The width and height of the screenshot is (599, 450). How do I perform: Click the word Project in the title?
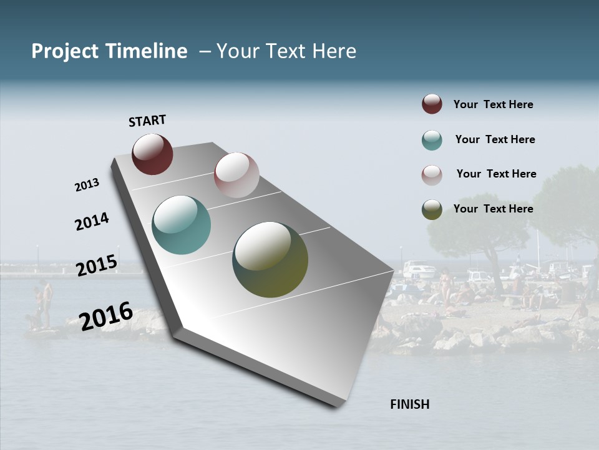click(x=65, y=51)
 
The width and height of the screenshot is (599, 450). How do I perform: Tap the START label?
click(x=147, y=121)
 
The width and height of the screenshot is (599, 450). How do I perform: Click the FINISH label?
click(x=409, y=404)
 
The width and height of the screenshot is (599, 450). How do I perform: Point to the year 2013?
click(x=87, y=185)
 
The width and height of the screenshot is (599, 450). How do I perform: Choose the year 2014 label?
click(x=92, y=221)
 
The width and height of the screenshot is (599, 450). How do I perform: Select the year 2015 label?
click(x=97, y=265)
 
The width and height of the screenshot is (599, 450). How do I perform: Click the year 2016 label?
click(x=106, y=316)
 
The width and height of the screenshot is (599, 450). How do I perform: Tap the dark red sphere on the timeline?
click(x=152, y=154)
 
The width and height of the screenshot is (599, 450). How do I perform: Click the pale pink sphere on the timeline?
click(x=236, y=175)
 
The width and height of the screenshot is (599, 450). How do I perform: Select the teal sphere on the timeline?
click(x=182, y=225)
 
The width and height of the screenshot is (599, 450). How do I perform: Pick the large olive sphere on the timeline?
click(x=270, y=259)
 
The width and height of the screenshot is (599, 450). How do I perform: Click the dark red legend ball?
click(x=432, y=104)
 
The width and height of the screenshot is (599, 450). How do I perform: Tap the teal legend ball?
click(x=432, y=140)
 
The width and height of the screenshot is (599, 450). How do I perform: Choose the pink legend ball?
click(x=432, y=175)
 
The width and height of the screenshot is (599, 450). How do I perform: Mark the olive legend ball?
click(x=432, y=209)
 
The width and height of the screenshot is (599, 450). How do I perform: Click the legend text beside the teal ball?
click(x=495, y=139)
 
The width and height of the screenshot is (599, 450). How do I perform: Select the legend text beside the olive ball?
click(x=493, y=209)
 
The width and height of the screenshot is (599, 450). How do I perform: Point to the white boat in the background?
click(x=419, y=270)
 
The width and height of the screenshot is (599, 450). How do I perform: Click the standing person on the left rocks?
click(x=45, y=302)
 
